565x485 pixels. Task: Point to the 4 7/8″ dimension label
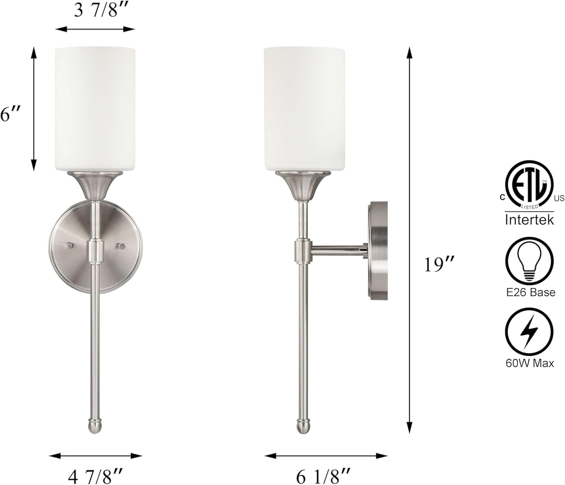[x=95, y=476]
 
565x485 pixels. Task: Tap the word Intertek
[x=529, y=219]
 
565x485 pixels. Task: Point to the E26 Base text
[x=529, y=292]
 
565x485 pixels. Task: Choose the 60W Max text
[x=529, y=363]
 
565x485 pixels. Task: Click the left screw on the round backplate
[x=69, y=246]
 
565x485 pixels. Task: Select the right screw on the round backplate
[x=122, y=246]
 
